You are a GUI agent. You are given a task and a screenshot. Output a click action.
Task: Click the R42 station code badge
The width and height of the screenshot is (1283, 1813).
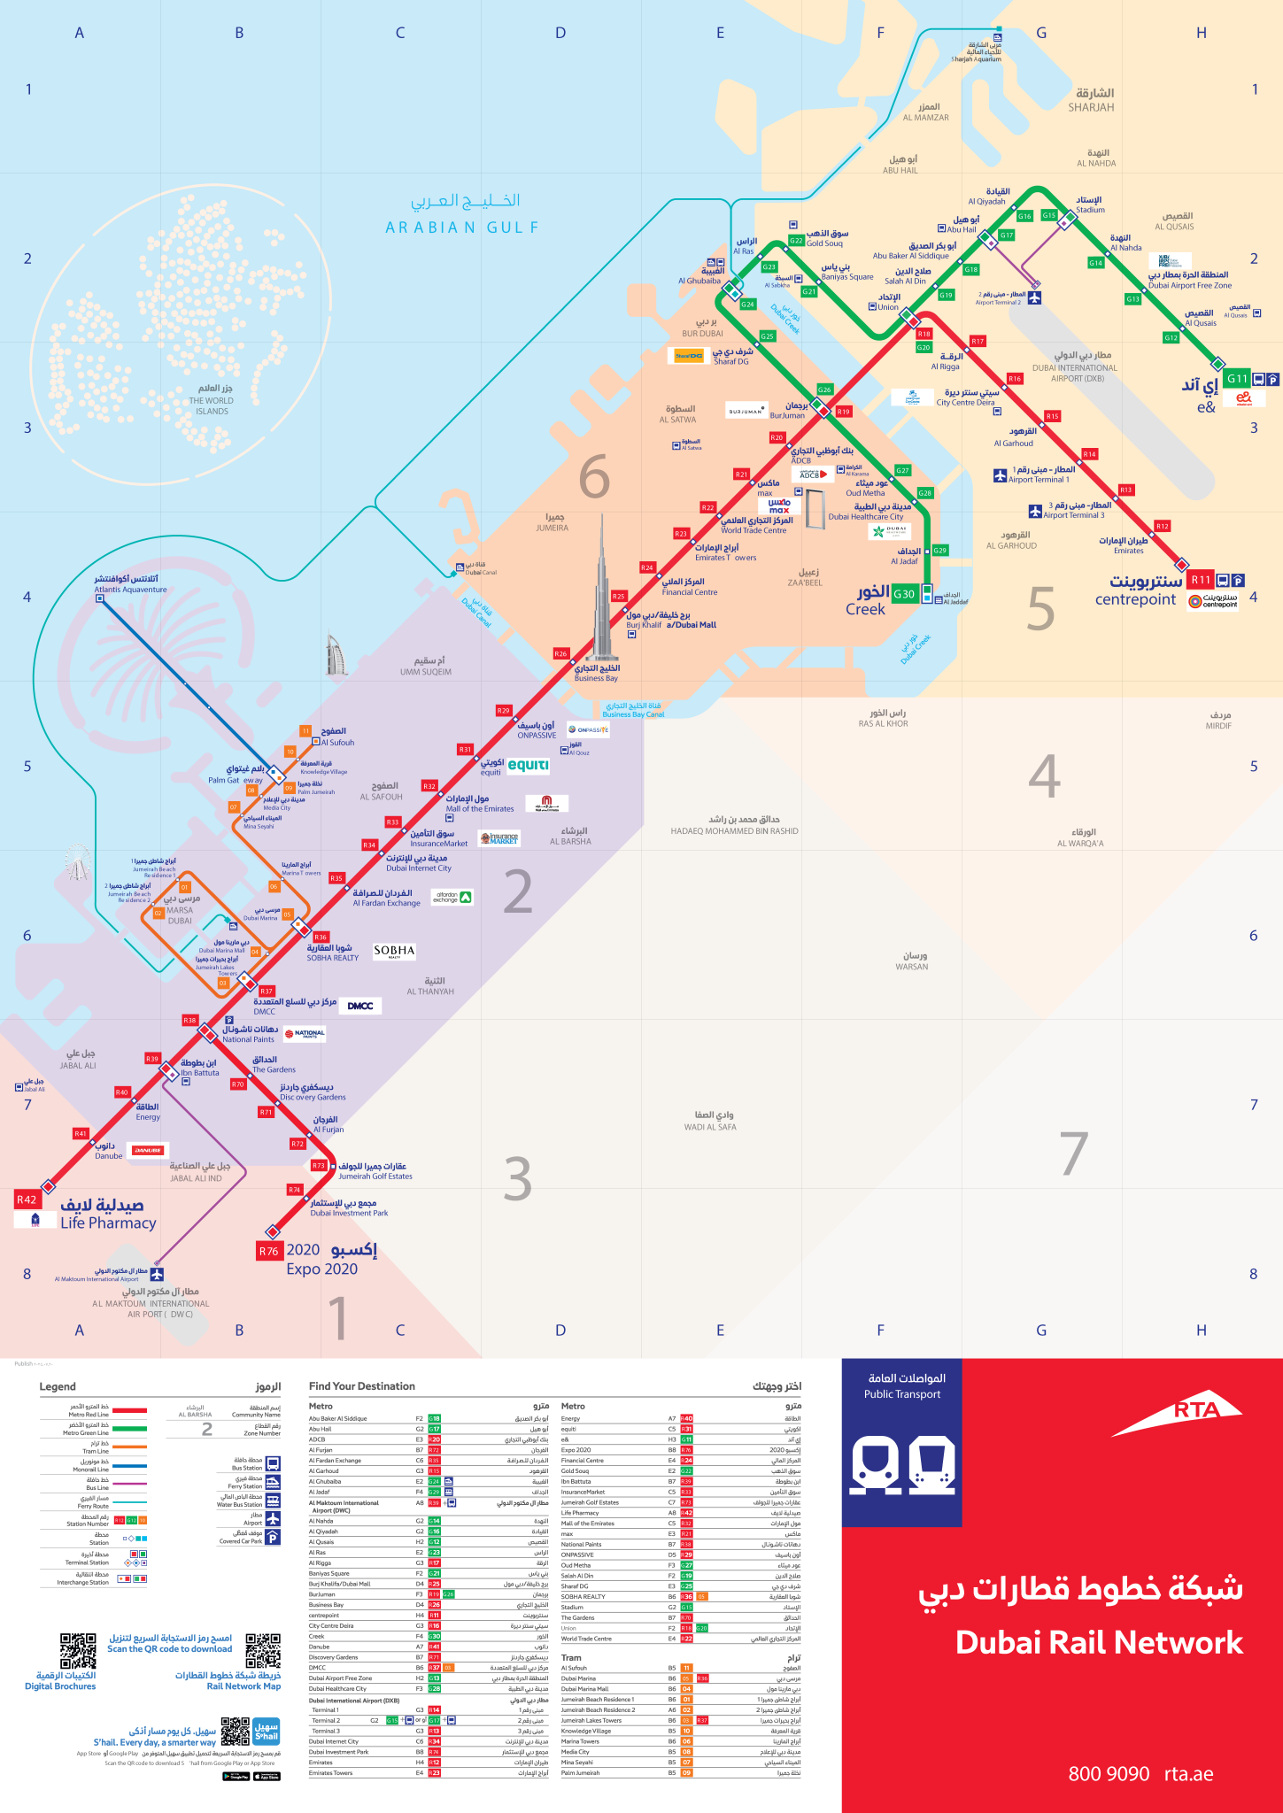click(x=27, y=1200)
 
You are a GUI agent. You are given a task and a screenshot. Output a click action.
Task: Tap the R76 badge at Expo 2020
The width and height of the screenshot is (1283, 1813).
click(x=268, y=1251)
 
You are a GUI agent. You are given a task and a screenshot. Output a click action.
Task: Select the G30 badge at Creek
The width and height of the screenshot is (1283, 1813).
click(x=904, y=594)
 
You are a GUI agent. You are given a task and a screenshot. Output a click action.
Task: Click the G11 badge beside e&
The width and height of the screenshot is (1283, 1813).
click(x=1236, y=378)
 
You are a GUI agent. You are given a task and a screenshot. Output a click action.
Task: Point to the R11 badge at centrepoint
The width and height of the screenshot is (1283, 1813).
click(x=1200, y=580)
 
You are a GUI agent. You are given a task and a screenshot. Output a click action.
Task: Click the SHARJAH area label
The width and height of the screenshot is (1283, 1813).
click(x=1091, y=107)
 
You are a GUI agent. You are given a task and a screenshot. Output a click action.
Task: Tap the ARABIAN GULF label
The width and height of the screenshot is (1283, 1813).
click(x=462, y=228)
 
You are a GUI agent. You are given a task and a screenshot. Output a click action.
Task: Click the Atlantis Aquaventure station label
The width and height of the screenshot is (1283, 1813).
click(x=130, y=589)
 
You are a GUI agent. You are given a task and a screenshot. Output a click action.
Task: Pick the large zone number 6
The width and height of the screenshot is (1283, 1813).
click(x=594, y=477)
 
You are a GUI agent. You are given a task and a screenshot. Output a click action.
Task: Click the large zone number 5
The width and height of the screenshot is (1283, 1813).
click(x=1041, y=609)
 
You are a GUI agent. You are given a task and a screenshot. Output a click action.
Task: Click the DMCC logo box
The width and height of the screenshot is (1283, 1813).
click(x=359, y=1006)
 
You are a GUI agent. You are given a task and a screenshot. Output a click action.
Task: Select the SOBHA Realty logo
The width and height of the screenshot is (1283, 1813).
click(x=394, y=951)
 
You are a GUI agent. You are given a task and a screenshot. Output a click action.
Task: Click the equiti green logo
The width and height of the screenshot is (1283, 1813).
click(x=528, y=765)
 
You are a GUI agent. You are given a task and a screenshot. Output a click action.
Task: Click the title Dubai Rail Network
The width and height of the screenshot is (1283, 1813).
click(x=1099, y=1642)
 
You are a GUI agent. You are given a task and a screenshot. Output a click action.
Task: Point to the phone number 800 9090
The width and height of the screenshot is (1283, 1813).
click(x=1109, y=1773)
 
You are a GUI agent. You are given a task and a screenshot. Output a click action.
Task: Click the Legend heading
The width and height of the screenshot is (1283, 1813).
click(x=58, y=1386)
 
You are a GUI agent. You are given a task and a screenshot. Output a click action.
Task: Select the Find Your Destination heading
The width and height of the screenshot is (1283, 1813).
click(x=361, y=1386)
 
